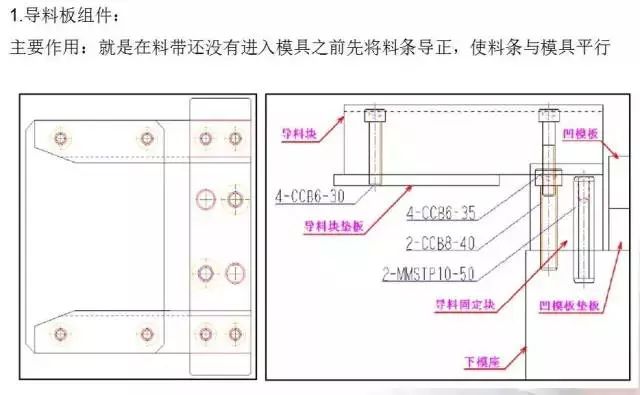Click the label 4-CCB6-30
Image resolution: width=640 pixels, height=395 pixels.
coord(309,196)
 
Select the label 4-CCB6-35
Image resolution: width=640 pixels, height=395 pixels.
coord(440,212)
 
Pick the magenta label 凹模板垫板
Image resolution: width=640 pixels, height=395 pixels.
coord(572,307)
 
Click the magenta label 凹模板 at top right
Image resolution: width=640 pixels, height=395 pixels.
coord(582,131)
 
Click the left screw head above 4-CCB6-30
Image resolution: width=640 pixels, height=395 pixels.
coord(375,115)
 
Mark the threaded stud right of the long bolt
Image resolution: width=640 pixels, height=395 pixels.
coord(585,228)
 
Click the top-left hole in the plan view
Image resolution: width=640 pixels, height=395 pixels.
coord(62,136)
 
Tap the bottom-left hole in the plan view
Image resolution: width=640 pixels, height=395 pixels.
coord(62,333)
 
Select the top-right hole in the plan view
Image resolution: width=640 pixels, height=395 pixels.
coord(236,136)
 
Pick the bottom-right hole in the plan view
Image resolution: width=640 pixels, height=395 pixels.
coord(236,333)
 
